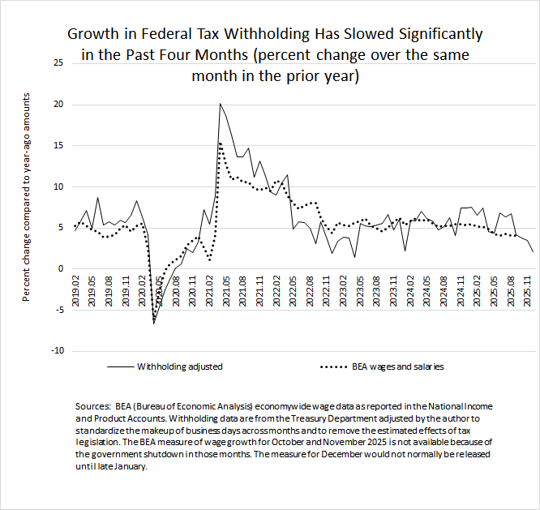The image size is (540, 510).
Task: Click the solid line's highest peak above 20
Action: (220, 104)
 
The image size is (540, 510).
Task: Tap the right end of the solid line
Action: (533, 252)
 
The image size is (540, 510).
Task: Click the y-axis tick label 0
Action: (58, 268)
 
